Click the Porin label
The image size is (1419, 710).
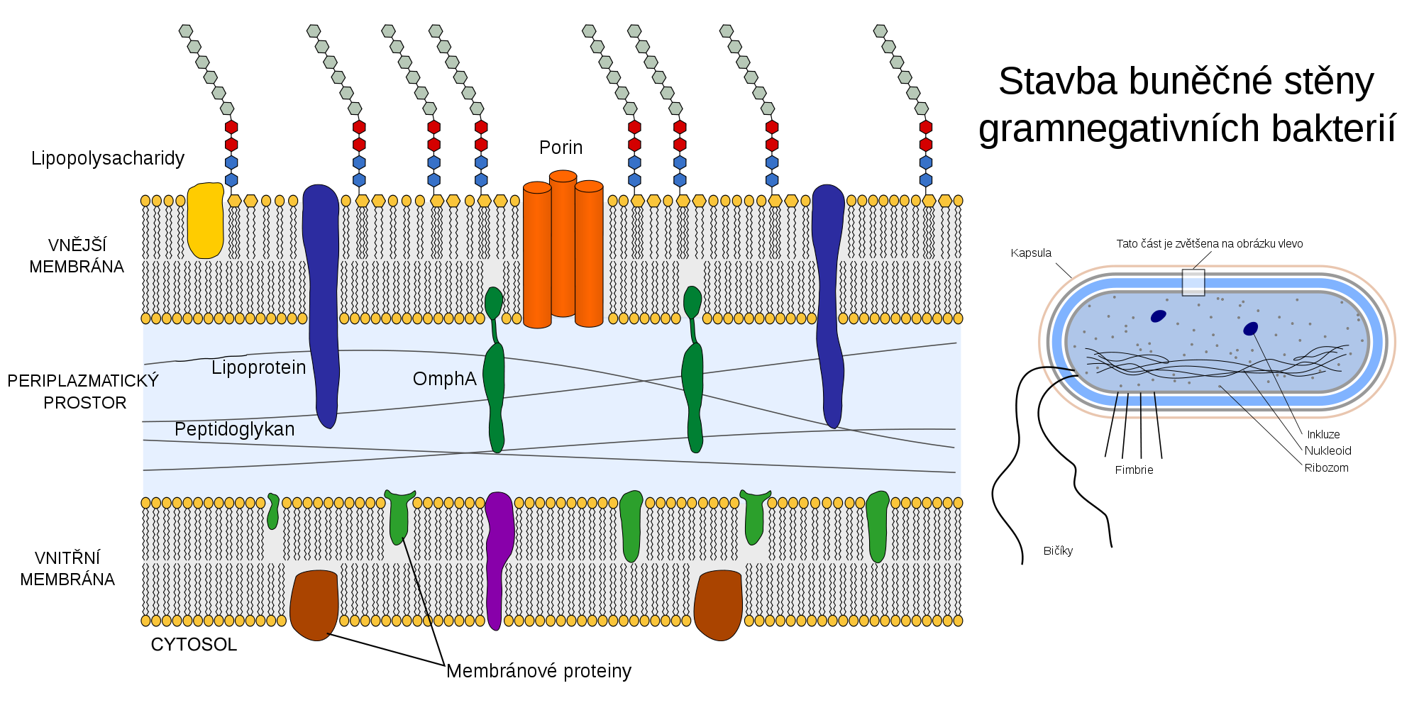click(x=561, y=148)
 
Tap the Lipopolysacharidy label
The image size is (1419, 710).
click(x=107, y=158)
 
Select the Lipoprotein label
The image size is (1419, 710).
click(x=259, y=367)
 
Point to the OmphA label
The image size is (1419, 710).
click(x=445, y=379)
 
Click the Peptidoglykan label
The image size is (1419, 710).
click(x=234, y=429)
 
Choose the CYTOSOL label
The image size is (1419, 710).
click(x=194, y=645)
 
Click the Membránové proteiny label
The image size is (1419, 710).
click(x=539, y=671)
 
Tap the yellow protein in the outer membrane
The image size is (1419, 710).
click(x=205, y=220)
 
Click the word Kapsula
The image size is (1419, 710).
click(x=1031, y=253)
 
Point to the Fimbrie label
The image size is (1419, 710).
click(x=1134, y=470)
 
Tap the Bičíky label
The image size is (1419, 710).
click(x=1058, y=551)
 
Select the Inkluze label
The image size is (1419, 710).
click(x=1323, y=435)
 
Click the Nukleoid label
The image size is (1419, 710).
click(x=1327, y=451)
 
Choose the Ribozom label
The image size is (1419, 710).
click(x=1326, y=468)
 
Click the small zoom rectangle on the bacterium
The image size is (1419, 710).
click(x=1193, y=282)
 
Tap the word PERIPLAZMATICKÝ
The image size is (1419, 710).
click(x=83, y=381)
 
